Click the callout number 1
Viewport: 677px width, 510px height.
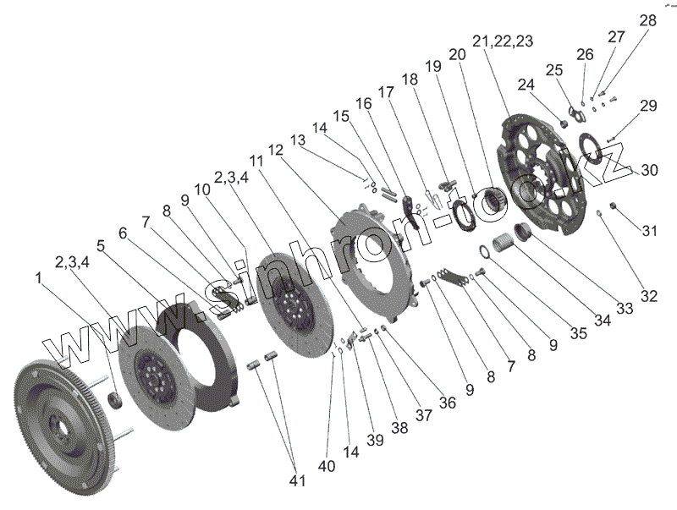38,277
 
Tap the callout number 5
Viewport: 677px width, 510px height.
101,247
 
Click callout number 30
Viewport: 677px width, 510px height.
648,170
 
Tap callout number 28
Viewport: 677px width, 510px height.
647,19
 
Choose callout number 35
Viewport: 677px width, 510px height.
578,333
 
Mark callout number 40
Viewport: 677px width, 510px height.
327,465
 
